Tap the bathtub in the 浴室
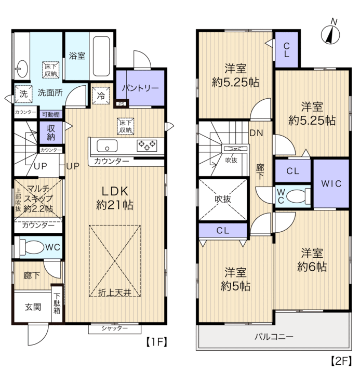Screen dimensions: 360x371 [x=101, y=56]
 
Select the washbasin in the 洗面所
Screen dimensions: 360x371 [x=22, y=69]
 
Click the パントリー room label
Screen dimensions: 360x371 [x=140, y=88]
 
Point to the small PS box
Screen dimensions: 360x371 [x=122, y=103]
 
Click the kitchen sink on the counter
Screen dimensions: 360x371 [x=107, y=145]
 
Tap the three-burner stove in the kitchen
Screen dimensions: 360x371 [x=147, y=145]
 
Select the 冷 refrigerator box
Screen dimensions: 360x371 [x=101, y=96]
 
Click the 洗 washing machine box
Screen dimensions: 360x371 [x=23, y=94]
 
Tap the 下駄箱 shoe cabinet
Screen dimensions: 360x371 [x=57, y=303]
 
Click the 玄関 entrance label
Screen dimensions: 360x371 [x=33, y=307]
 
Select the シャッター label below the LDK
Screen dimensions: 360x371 [x=114, y=328]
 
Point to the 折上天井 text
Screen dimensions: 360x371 [x=115, y=293]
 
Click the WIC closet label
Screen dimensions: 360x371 [x=331, y=183]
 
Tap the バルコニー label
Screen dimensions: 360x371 [x=274, y=336]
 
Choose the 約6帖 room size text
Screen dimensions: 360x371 [x=312, y=267]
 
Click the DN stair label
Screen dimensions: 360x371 [x=257, y=133]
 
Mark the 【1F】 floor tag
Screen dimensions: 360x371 [x=156, y=342]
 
